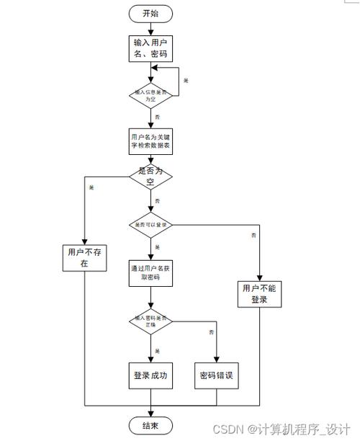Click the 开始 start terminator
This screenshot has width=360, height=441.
click(x=150, y=12)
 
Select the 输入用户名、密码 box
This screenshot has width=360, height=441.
click(x=150, y=47)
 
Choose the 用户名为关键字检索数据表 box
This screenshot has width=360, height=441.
click(x=150, y=141)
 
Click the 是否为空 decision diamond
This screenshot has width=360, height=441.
click(x=150, y=177)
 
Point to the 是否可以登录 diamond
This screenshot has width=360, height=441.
click(x=150, y=225)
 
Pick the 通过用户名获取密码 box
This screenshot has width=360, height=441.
click(x=150, y=272)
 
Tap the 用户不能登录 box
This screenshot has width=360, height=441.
click(x=259, y=294)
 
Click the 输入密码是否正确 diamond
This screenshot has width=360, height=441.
click(x=150, y=321)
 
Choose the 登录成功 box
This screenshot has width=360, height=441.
click(x=150, y=375)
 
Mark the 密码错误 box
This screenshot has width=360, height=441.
click(x=216, y=375)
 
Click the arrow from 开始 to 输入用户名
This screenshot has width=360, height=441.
click(x=150, y=27)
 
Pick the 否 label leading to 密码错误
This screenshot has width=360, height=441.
click(x=211, y=332)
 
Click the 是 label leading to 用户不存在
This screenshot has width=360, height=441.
click(x=91, y=188)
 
